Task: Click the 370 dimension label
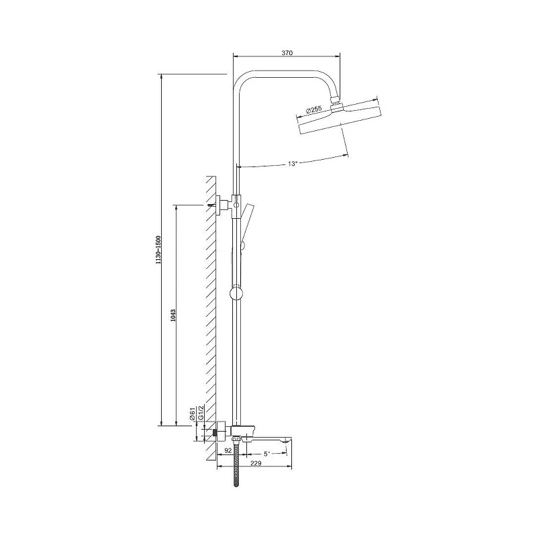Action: point(287,53)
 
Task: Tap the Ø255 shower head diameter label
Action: point(313,110)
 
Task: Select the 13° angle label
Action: point(292,164)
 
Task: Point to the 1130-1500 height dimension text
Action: point(158,250)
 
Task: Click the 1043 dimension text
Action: point(173,315)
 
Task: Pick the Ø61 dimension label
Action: point(193,413)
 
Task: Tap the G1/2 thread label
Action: point(201,412)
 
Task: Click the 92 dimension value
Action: point(228,450)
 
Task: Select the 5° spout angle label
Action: point(266,454)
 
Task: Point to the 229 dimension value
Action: point(256,463)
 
